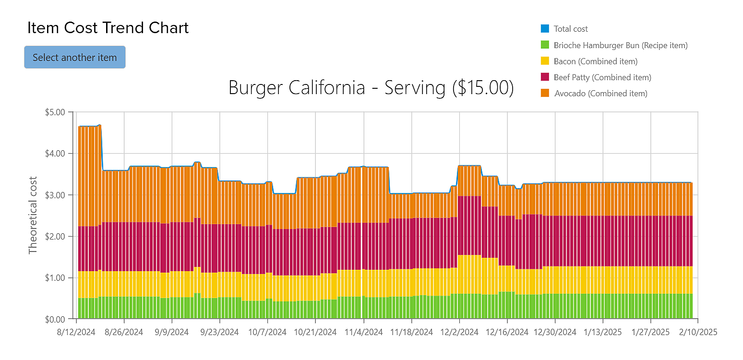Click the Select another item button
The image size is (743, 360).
pos(75,57)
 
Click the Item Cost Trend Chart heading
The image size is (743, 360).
pos(108,28)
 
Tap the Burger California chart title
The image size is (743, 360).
pos(371,88)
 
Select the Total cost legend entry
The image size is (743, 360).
pos(571,29)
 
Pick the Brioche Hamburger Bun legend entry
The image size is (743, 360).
pos(621,45)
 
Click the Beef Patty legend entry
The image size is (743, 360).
pos(602,77)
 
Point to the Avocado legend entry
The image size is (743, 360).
pos(600,94)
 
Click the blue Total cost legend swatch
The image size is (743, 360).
pos(545,29)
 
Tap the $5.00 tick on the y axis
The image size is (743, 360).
pos(55,112)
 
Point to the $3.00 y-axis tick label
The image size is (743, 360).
pos(55,195)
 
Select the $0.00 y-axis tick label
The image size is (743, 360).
pos(55,319)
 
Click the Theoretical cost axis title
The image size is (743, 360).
pos(33,216)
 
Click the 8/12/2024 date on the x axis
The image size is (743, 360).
pos(76,332)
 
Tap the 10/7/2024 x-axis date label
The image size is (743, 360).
pos(267,332)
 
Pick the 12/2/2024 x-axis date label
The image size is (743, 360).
pos(459,332)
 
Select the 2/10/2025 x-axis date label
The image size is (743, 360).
pos(697,332)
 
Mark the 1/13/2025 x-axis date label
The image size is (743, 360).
pos(602,332)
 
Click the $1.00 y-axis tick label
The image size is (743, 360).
pos(55,278)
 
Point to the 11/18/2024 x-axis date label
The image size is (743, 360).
pos(411,332)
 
